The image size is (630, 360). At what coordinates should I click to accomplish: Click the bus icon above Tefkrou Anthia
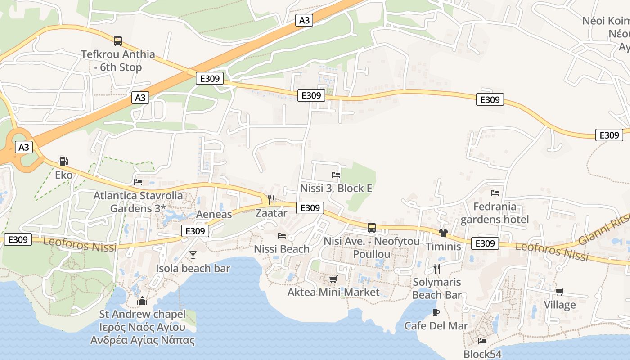point(118,41)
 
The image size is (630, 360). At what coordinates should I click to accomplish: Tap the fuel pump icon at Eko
point(64,162)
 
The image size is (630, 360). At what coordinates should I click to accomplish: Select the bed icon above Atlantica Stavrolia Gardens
point(138,182)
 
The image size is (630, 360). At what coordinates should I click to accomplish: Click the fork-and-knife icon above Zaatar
point(271,199)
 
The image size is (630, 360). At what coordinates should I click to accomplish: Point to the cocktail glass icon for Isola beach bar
point(193,255)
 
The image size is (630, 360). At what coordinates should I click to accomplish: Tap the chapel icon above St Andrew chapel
point(143,301)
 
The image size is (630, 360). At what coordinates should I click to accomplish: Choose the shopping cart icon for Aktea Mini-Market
point(333,279)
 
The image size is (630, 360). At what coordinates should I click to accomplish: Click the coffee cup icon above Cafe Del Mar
point(436,312)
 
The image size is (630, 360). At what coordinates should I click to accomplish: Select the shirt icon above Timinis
point(443,233)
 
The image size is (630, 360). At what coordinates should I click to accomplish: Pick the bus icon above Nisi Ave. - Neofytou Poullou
point(372,228)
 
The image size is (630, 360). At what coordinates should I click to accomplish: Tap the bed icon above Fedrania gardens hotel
point(495,193)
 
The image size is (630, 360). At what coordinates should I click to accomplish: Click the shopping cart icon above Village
point(560,292)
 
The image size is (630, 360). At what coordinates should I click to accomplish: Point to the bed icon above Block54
point(482,341)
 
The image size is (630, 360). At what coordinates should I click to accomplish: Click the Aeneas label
point(214,214)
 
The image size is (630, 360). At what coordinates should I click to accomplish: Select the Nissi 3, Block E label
point(336,188)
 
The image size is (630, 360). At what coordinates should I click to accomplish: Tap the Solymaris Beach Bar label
point(437,288)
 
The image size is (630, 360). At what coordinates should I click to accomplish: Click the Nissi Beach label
point(282,249)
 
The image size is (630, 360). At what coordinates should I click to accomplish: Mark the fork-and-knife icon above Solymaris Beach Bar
point(436,269)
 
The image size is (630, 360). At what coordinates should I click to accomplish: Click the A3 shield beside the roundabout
point(24,147)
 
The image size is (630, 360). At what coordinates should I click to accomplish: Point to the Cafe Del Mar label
point(436,325)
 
